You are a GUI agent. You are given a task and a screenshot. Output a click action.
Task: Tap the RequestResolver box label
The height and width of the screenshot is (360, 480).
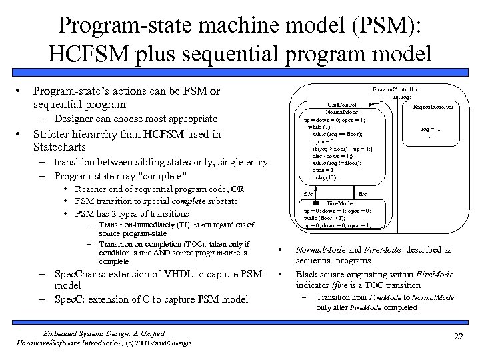433,106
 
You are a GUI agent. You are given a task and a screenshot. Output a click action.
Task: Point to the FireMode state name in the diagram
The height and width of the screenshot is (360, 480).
343,203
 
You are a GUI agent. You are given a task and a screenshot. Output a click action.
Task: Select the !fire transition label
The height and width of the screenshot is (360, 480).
307,193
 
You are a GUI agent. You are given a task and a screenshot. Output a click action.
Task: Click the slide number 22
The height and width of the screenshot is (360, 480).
457,337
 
